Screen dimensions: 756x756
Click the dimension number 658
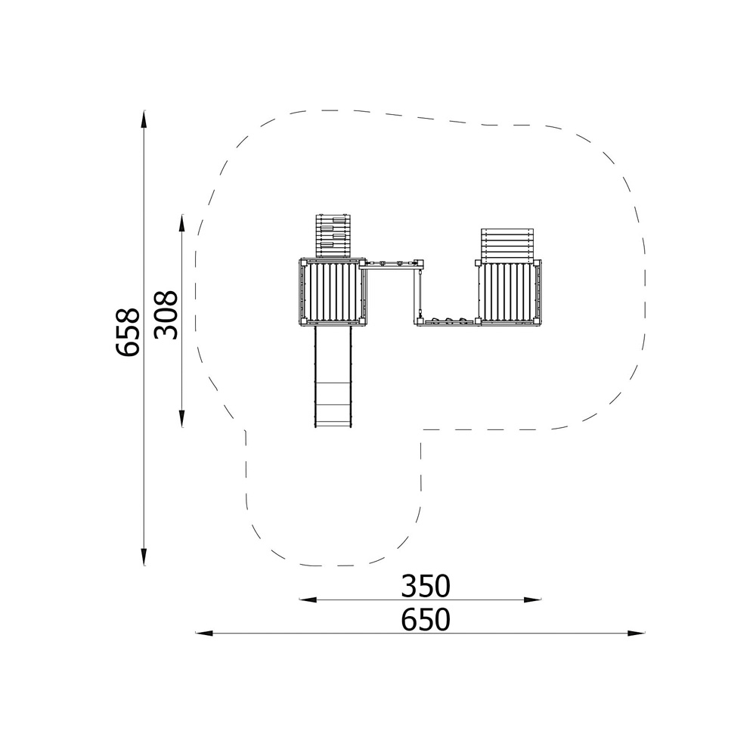tap(128, 332)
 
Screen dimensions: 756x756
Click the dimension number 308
tap(166, 315)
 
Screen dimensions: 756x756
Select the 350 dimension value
tap(426, 587)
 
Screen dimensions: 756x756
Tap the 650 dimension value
tap(426, 620)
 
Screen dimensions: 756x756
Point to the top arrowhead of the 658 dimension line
tap(144, 119)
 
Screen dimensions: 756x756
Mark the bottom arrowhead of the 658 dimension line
tap(144, 556)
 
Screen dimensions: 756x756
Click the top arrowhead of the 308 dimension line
tap(181, 223)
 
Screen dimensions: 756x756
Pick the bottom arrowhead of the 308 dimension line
tap(181, 419)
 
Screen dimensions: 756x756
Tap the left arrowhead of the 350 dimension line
tap(308, 600)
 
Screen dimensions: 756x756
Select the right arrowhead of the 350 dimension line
tap(532, 600)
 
